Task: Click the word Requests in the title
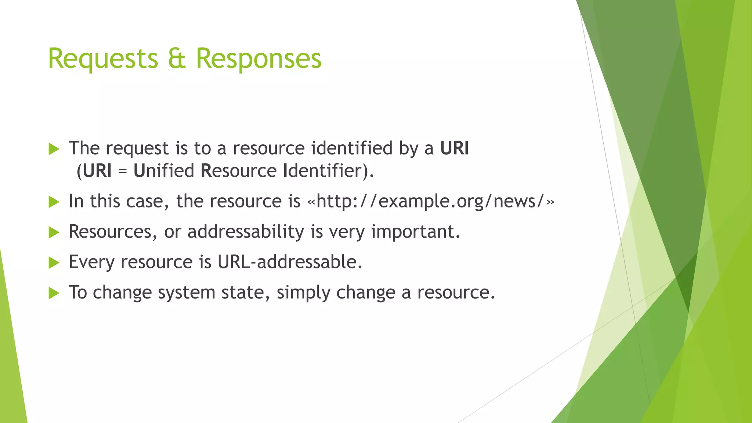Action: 103,59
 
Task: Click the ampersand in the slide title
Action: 177,59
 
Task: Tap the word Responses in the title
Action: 258,59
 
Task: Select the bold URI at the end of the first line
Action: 454,148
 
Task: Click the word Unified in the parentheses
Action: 164,171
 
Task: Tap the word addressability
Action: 246,232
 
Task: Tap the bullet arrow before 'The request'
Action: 54,149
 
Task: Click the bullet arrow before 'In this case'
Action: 54,202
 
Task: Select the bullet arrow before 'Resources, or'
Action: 54,232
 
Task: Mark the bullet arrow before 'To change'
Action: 54,293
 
